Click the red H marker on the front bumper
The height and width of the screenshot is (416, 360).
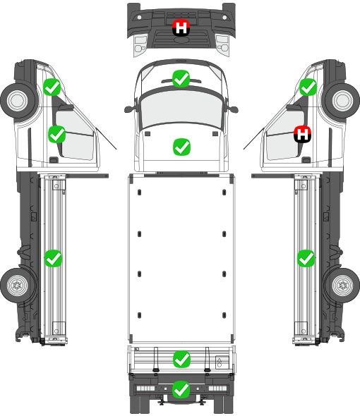click(x=181, y=28)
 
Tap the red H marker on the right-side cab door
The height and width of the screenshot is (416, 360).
click(x=302, y=134)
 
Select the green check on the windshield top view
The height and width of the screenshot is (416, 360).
click(x=181, y=78)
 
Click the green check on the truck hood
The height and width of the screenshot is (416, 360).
click(x=181, y=147)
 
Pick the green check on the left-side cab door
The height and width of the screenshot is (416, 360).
click(x=57, y=134)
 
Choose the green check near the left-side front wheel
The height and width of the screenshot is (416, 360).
click(x=52, y=87)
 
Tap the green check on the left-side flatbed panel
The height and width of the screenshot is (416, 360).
click(x=53, y=258)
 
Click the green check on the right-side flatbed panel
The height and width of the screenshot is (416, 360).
click(x=306, y=258)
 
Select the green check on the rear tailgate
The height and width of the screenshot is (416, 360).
click(x=181, y=360)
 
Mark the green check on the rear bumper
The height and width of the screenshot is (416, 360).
click(x=181, y=389)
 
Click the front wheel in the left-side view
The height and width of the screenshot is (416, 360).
click(x=18, y=101)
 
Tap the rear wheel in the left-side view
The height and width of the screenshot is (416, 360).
click(x=18, y=286)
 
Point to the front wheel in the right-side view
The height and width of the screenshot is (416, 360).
click(x=342, y=101)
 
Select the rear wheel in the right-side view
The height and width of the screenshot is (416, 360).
click(x=342, y=286)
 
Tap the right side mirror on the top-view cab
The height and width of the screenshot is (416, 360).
click(x=232, y=109)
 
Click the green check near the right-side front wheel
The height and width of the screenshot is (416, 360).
click(x=308, y=87)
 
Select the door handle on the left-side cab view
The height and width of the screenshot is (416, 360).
click(x=54, y=160)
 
